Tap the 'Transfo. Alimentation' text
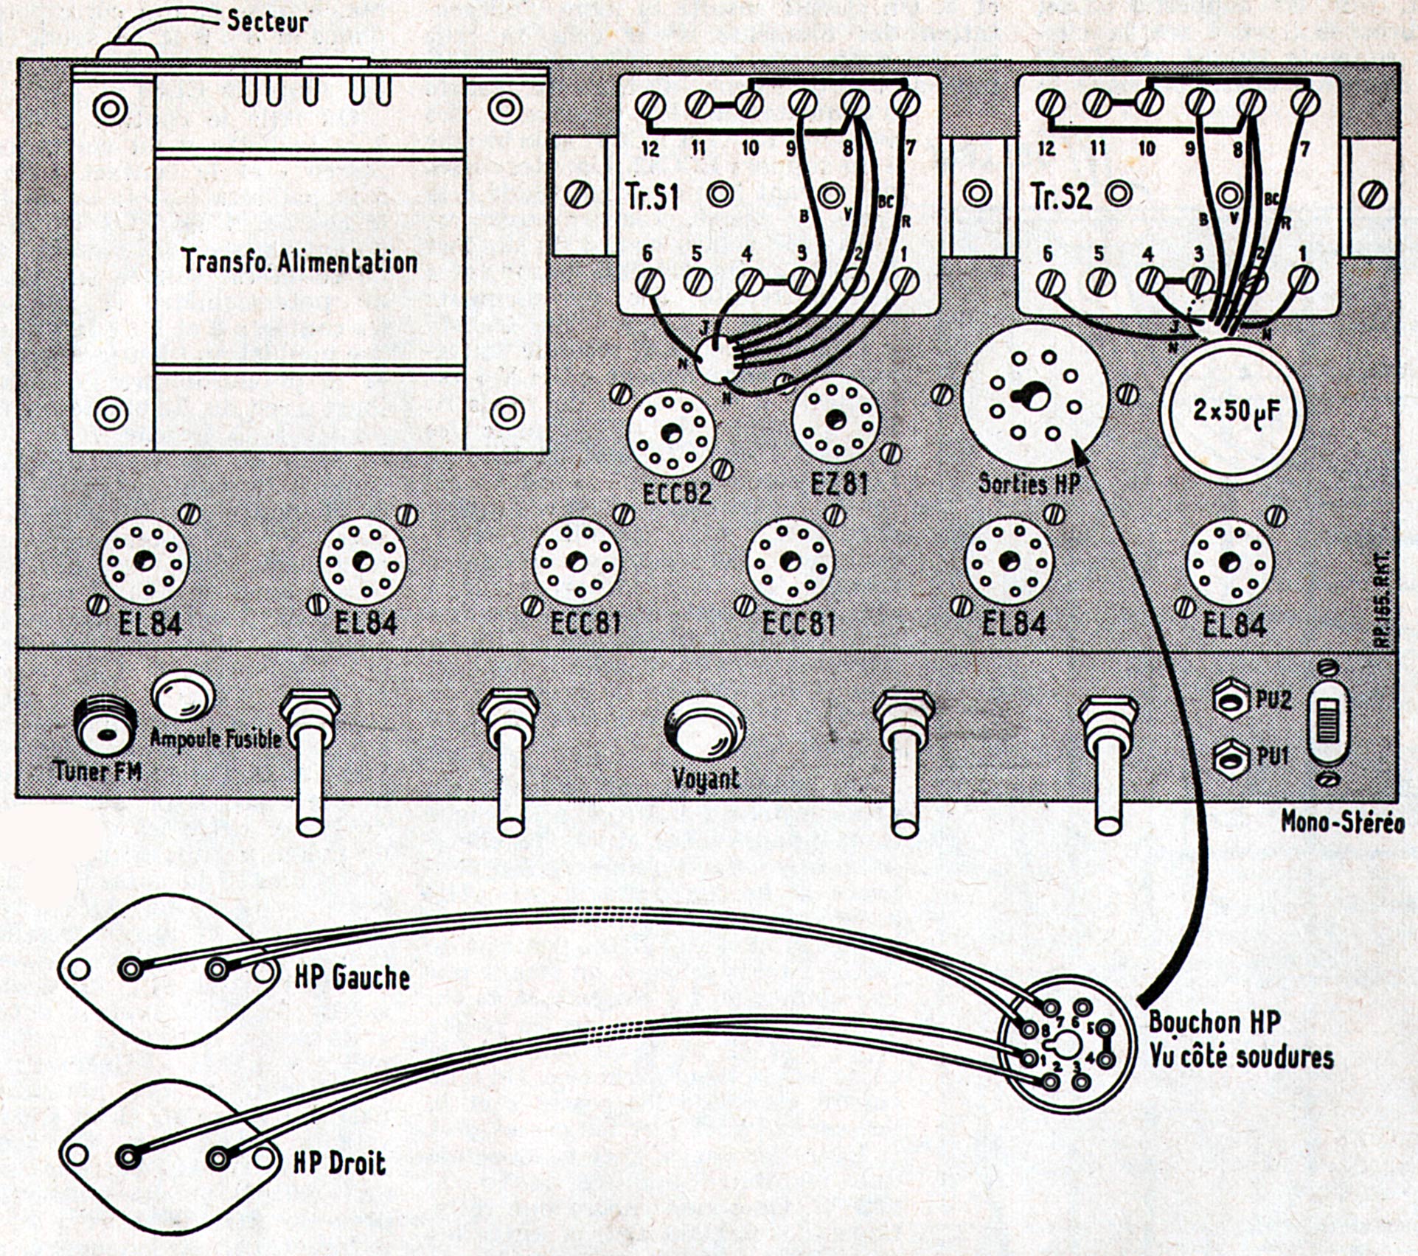coord(299,262)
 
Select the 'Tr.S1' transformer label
coord(651,197)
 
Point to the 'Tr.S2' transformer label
coord(1061,197)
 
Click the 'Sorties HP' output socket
coord(1035,395)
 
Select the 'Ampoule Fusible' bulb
coord(183,695)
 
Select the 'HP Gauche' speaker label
coord(352,977)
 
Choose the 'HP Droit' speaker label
coord(339,1163)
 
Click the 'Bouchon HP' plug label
coord(1214,1022)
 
